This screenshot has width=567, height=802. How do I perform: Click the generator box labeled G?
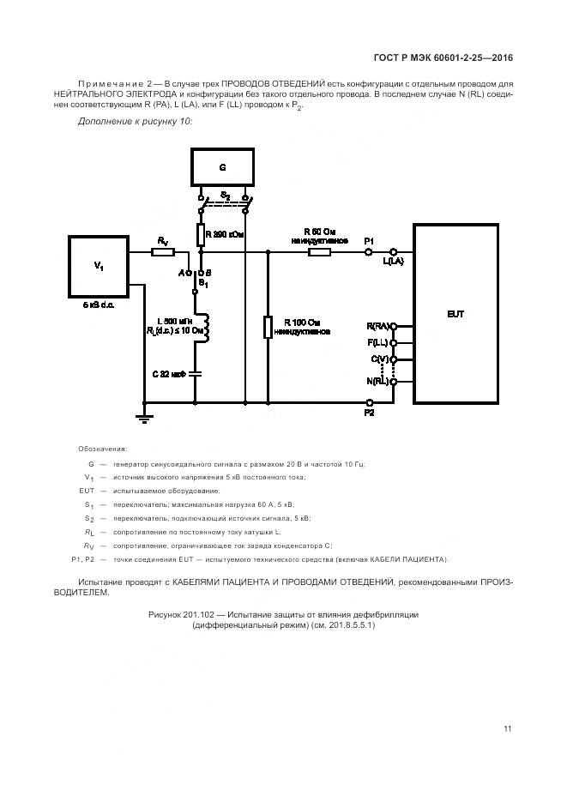(222, 168)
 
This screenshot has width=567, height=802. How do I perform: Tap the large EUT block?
(455, 314)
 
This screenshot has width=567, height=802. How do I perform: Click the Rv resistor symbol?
(163, 252)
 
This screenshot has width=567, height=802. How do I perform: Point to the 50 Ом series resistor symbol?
(320, 252)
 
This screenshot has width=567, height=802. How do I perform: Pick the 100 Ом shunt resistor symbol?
(268, 327)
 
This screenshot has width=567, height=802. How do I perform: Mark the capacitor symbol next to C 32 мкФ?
(196, 373)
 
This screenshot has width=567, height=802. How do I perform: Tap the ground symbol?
(143, 418)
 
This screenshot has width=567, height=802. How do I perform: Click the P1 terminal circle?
(370, 252)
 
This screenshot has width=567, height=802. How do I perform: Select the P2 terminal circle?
(370, 401)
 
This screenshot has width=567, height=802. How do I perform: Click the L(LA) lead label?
(393, 262)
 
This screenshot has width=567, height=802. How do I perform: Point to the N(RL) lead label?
(377, 380)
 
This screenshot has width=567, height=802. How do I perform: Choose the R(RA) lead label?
(377, 327)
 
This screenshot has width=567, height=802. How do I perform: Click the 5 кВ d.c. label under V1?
(98, 305)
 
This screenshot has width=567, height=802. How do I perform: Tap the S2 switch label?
(225, 196)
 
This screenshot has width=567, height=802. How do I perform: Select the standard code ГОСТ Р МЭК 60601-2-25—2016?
(443, 58)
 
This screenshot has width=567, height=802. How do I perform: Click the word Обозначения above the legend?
(102, 449)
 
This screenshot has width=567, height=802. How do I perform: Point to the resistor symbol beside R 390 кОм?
(200, 234)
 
